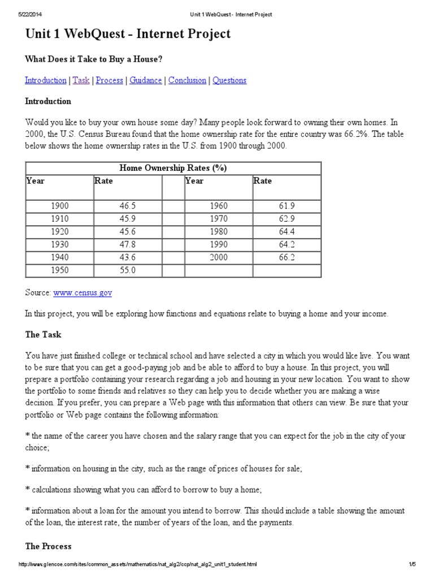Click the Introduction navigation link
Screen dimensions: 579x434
45,80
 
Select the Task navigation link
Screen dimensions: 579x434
81,80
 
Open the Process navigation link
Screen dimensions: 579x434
109,80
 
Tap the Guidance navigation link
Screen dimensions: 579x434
145,80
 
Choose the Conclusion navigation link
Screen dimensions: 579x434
187,80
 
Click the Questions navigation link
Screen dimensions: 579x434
229,80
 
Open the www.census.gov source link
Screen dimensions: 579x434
83,292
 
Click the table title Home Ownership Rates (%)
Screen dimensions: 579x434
173,168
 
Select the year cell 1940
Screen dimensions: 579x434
59,257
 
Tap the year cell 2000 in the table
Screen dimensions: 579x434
218,257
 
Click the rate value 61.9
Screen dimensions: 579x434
287,206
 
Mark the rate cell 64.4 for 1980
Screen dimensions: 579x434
287,231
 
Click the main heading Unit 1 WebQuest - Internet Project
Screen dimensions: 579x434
128,34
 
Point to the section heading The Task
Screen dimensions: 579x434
43,335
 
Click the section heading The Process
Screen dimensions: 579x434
48,546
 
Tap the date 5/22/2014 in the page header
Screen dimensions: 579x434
31,14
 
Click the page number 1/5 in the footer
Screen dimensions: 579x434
412,564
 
